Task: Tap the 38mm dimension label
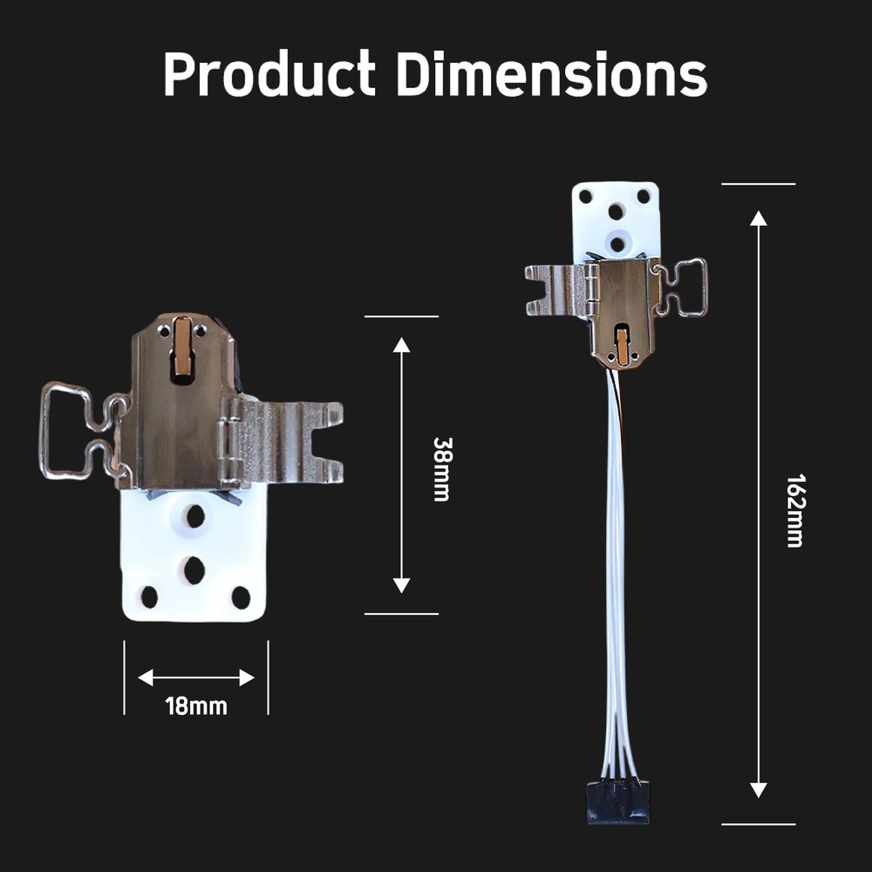[442, 468]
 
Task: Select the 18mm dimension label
[196, 705]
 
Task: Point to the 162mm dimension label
[794, 510]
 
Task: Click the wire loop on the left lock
[65, 431]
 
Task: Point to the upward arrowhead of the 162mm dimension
[759, 218]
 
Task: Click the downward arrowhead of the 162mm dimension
[759, 789]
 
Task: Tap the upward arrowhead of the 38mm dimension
[401, 344]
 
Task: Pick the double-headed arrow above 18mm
[196, 678]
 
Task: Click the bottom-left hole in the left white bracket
[149, 597]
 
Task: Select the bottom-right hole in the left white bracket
[241, 597]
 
